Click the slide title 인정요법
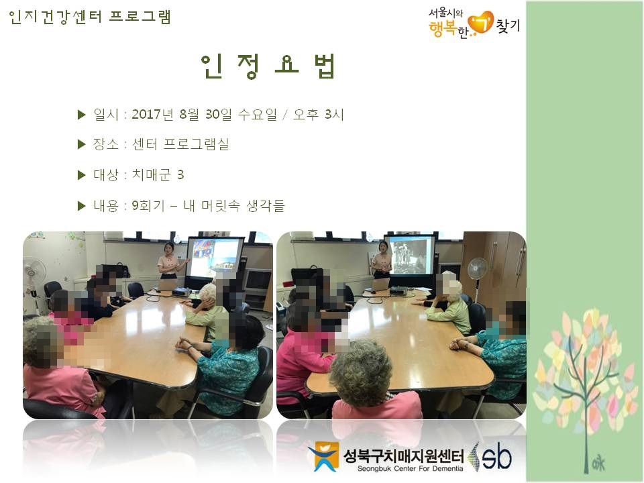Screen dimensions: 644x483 (x=268, y=66)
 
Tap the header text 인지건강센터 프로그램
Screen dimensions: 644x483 (x=89, y=17)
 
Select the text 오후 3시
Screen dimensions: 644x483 (x=318, y=114)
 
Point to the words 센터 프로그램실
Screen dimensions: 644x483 (x=180, y=144)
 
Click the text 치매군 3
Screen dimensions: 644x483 (x=158, y=175)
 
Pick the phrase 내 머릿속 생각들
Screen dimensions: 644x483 (x=233, y=205)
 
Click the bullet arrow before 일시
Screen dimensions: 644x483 (x=81, y=115)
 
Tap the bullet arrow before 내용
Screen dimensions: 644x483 (x=81, y=206)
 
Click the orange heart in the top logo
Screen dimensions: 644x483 (x=481, y=23)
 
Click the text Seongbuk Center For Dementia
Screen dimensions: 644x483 (x=410, y=469)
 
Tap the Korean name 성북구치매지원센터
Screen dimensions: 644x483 (x=403, y=456)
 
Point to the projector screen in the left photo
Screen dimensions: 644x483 (x=215, y=258)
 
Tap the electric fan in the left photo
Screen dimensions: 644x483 (x=32, y=279)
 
